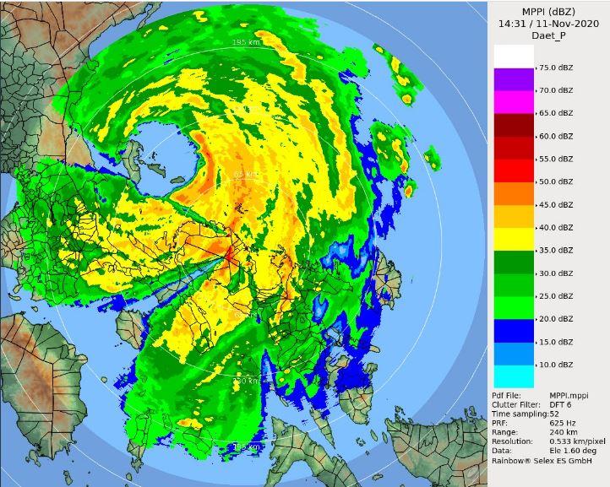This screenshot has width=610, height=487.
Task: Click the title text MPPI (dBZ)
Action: tap(548, 10)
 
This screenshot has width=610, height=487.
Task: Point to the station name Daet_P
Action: tap(548, 37)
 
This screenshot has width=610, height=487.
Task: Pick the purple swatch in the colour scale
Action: tap(514, 79)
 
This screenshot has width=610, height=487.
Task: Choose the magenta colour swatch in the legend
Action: tap(514, 102)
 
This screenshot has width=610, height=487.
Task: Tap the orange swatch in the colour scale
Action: tap(514, 193)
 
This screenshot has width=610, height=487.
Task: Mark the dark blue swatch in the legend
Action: tap(514, 331)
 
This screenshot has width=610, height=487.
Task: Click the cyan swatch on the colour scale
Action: tap(514, 376)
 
